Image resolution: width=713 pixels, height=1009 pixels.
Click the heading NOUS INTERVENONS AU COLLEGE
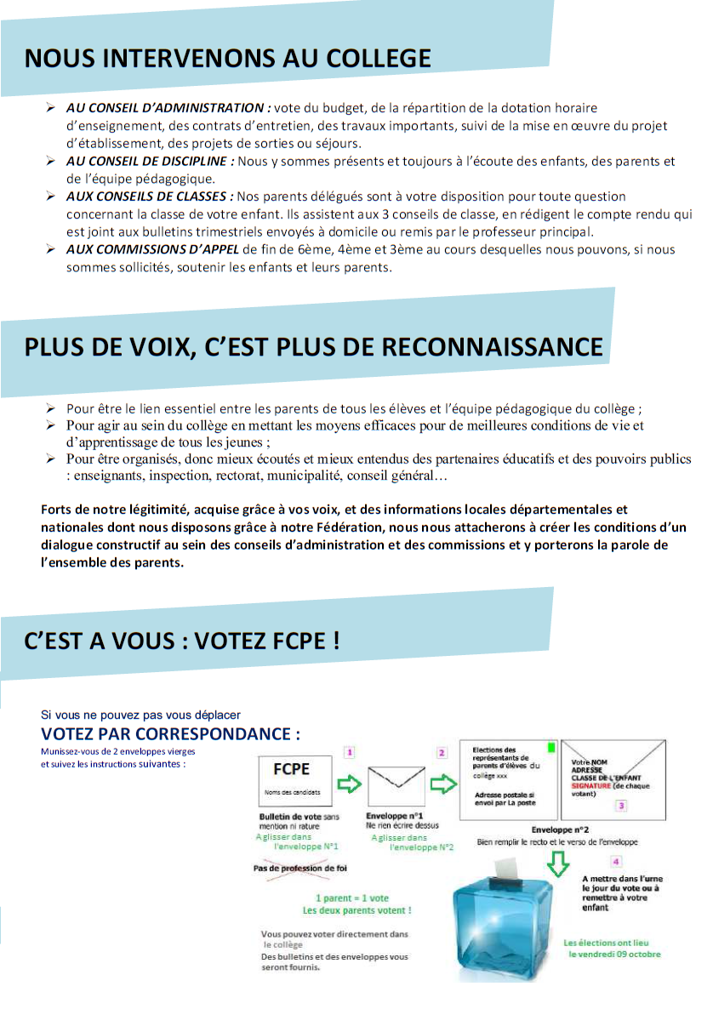tap(227, 59)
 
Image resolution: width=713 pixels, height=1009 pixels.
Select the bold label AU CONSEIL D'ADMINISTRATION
tap(168, 108)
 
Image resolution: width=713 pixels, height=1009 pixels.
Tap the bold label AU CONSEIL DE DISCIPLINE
tap(150, 161)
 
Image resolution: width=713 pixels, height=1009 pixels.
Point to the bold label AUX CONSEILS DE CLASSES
tap(150, 197)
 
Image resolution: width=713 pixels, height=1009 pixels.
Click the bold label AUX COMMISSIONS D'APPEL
tap(153, 249)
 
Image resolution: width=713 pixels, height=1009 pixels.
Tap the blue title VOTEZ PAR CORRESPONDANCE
tap(170, 733)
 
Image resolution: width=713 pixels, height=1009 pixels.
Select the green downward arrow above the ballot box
tap(557, 862)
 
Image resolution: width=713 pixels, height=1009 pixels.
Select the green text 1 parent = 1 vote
tap(351, 898)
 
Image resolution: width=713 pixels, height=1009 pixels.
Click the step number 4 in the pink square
tap(616, 861)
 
